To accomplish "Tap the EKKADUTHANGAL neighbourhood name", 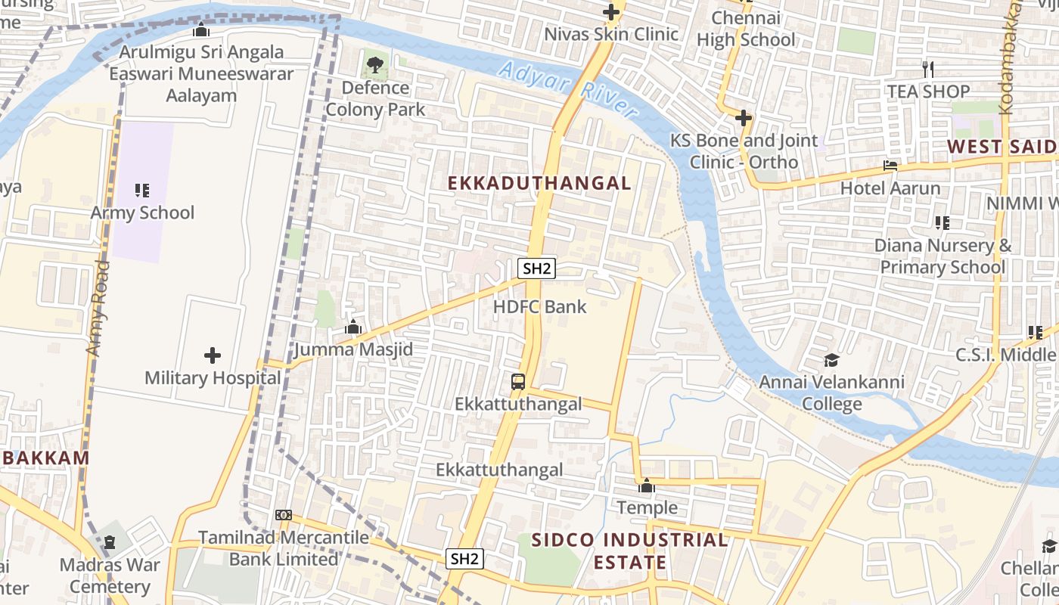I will click(539, 183).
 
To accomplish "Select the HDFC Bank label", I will click(539, 307).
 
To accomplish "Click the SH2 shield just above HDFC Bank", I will click(536, 268).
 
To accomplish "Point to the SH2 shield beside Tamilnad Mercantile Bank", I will click(464, 559).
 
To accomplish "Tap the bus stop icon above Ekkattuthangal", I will click(518, 382).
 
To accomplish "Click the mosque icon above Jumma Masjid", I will click(352, 327).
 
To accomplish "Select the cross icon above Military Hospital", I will click(213, 355).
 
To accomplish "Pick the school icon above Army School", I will click(142, 191).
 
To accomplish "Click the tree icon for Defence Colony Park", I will click(374, 65).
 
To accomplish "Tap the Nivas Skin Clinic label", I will click(611, 34).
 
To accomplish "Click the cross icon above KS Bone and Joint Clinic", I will click(744, 118).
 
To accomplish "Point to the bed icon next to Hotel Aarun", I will click(890, 166).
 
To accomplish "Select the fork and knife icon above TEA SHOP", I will click(928, 70).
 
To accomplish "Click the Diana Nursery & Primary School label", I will click(943, 256).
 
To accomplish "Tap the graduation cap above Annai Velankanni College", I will click(831, 360).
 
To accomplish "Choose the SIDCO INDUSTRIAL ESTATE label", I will click(629, 551).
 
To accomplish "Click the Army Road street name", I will click(98, 309).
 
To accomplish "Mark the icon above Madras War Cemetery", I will click(110, 542).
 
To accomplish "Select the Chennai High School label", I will click(746, 29).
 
